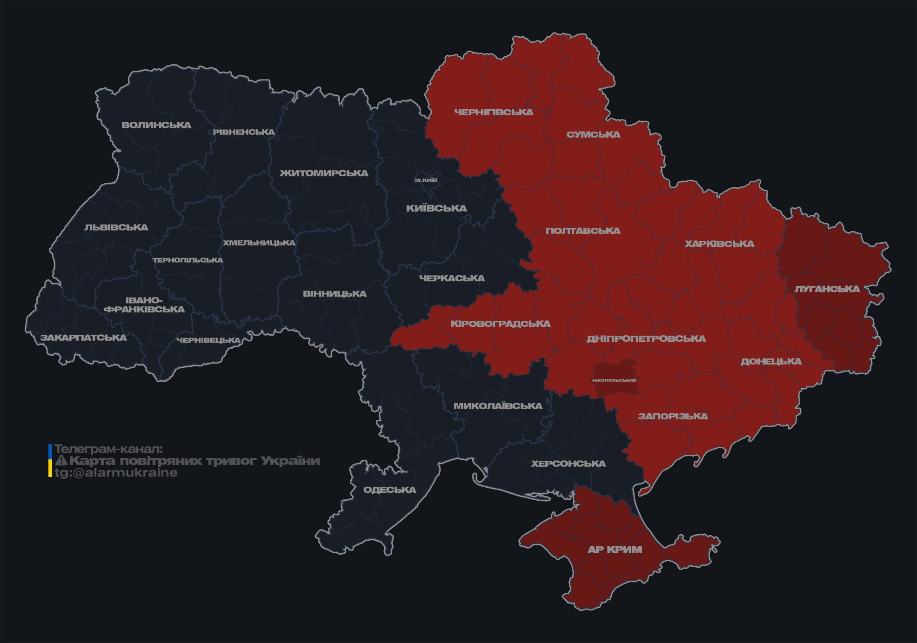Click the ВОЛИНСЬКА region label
pos(156,125)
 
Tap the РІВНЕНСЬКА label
pos(244,132)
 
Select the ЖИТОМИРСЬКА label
pos(324,173)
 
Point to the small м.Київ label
pos(426,180)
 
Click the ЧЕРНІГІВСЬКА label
pos(494,112)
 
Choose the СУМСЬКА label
pos(593,135)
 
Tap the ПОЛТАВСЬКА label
pos(583,231)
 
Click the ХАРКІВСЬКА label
pos(719,244)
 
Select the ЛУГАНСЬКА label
pos(827,289)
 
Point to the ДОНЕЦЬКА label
pos(771,362)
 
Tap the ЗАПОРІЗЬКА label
pos(673,417)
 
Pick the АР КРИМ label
pos(615,550)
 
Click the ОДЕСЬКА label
pos(389,490)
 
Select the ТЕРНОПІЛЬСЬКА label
pos(188,260)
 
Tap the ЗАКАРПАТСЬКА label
pos(83,338)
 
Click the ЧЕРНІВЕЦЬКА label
pos(208,340)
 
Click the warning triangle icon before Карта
pos(61,461)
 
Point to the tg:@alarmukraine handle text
pos(116,473)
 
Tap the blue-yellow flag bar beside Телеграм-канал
pos(50,461)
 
